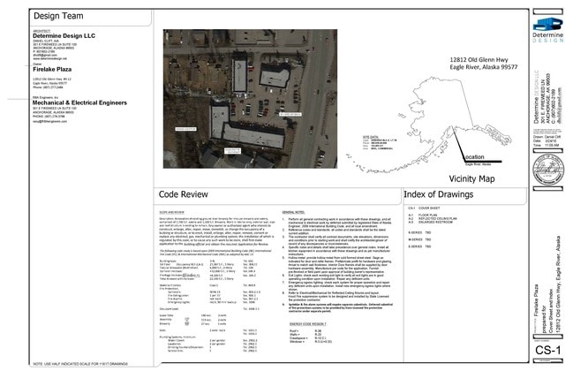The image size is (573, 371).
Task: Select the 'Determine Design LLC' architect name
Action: click(64, 35)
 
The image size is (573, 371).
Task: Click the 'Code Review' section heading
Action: click(183, 194)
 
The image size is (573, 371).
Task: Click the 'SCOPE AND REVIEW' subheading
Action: click(173, 213)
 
